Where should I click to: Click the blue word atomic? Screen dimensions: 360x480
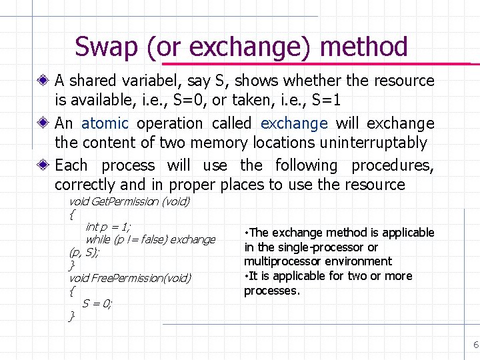pyautogui.click(x=105, y=123)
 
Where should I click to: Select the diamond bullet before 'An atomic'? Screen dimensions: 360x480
pyautogui.click(x=44, y=123)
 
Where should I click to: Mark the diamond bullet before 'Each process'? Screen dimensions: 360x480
pyautogui.click(x=44, y=165)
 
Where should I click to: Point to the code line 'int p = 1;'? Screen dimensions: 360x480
pyautogui.click(x=108, y=227)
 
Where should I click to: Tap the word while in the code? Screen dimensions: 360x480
pyautogui.click(x=97, y=239)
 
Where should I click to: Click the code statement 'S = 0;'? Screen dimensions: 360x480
pyautogui.click(x=97, y=303)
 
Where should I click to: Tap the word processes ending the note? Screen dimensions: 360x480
pyautogui.click(x=271, y=291)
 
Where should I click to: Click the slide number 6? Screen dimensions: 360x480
pyautogui.click(x=475, y=345)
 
